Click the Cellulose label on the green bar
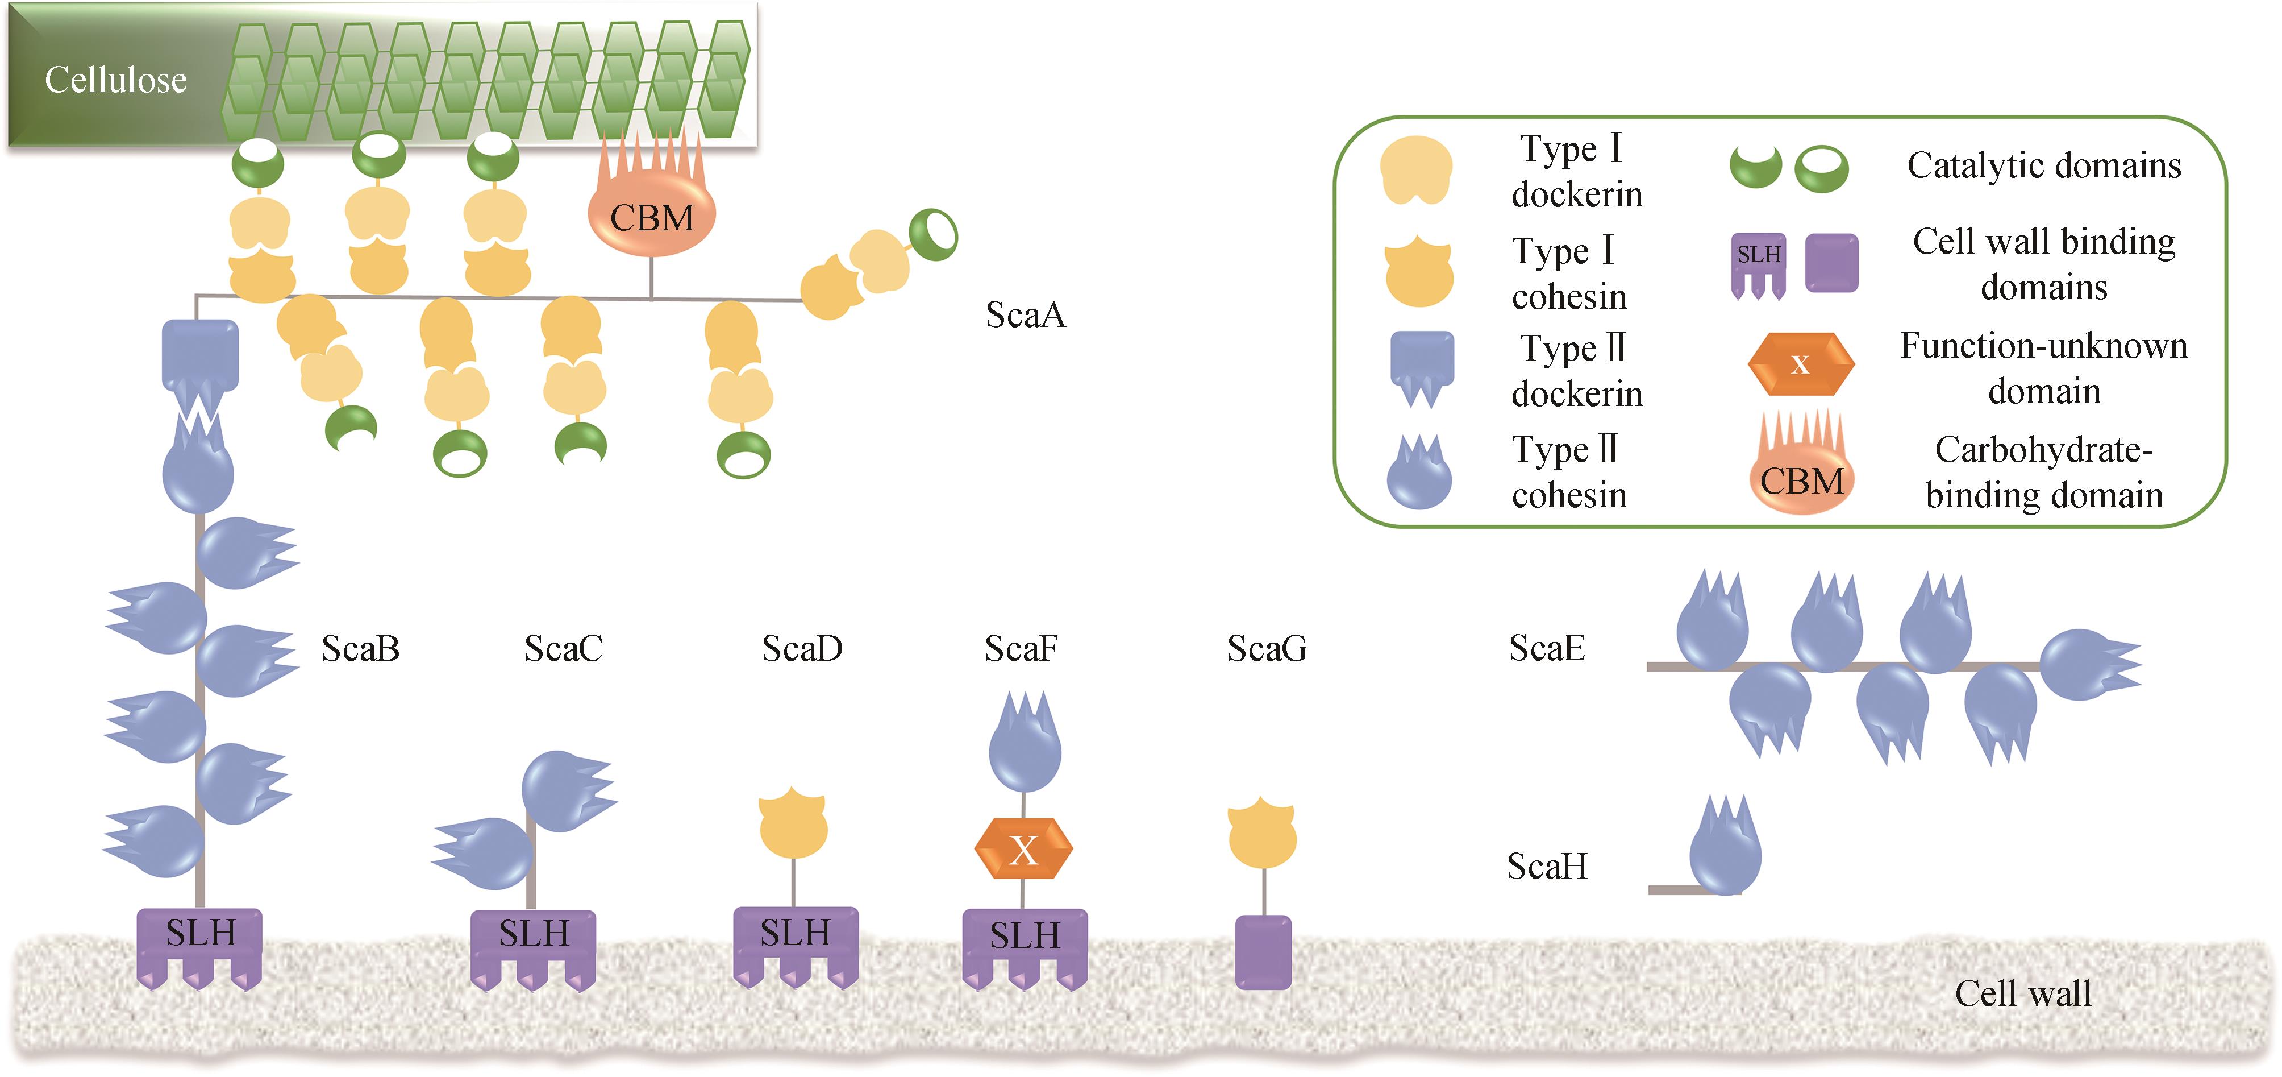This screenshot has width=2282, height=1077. coord(116,80)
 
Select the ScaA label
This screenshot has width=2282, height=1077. coord(1025,314)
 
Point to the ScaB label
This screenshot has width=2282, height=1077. coord(360,648)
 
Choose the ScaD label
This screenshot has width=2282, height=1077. coord(802,648)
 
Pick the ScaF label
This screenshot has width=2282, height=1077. coord(1021,648)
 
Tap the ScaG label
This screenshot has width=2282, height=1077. coord(1267,648)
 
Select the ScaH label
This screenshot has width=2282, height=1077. coord(1547,866)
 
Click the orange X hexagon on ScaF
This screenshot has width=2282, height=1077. coord(1023,849)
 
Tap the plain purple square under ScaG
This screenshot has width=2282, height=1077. coord(1263,952)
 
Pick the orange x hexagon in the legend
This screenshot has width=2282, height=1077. coord(1800,363)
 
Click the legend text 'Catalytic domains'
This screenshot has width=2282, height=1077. coord(2044,166)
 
